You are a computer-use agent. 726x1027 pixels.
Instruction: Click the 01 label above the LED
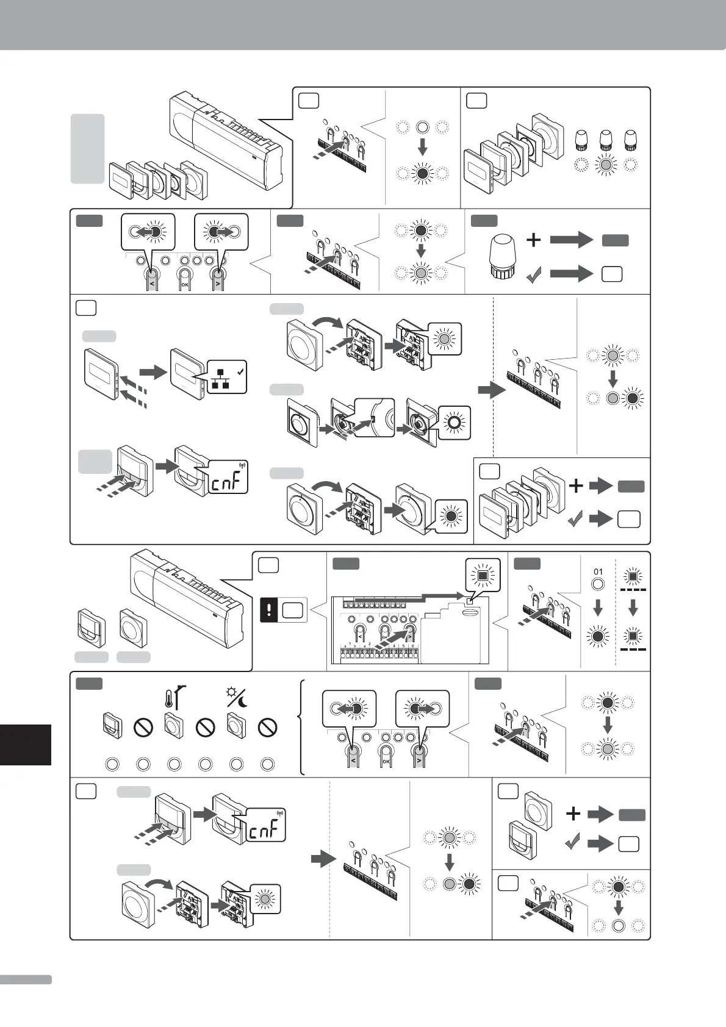[598, 572]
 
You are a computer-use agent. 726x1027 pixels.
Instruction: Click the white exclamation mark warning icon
[270, 610]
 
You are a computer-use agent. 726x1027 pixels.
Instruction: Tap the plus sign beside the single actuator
[533, 240]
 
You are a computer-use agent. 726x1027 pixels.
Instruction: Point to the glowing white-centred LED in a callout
[453, 422]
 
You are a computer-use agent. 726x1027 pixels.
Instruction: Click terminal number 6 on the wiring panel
[413, 646]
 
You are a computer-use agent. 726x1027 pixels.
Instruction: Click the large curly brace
[301, 727]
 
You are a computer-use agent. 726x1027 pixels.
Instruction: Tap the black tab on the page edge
[25, 744]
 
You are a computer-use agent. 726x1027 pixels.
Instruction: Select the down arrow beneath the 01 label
[598, 607]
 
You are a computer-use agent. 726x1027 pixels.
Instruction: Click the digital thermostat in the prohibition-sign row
[111, 726]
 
